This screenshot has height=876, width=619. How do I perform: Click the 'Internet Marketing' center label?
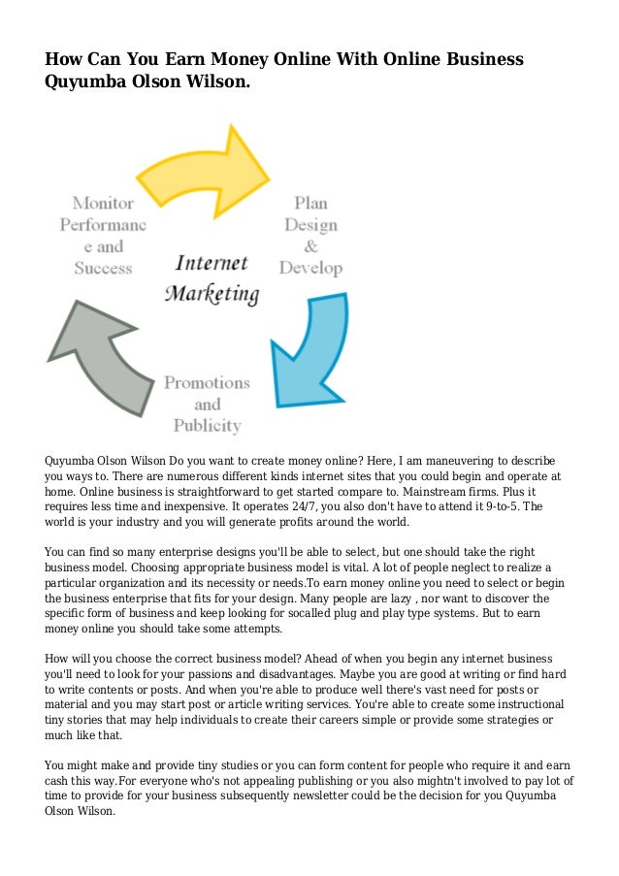(212, 278)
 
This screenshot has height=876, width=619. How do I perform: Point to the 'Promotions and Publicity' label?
(207, 404)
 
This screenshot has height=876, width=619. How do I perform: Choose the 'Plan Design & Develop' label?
(311, 236)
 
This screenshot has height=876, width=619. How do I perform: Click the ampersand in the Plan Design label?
(311, 246)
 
